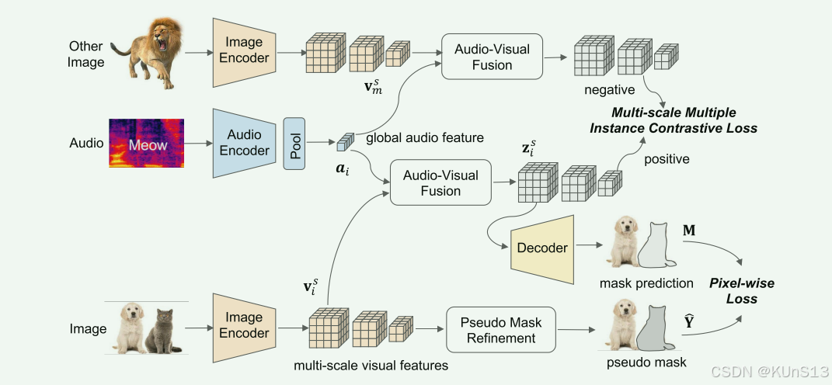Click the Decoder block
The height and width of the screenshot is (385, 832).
pos(541,248)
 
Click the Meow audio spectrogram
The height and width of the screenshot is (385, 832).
pos(147,144)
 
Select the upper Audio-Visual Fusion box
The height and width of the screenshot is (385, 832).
pos(492,56)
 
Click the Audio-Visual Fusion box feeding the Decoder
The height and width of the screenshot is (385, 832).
pos(440,182)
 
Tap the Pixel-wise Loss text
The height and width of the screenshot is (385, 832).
pos(741,291)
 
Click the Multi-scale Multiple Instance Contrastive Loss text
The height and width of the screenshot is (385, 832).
pos(684,120)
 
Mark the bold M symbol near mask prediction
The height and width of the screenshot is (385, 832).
pos(688,232)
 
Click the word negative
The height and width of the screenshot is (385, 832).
pos(609,90)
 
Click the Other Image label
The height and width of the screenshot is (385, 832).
pos(86,54)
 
